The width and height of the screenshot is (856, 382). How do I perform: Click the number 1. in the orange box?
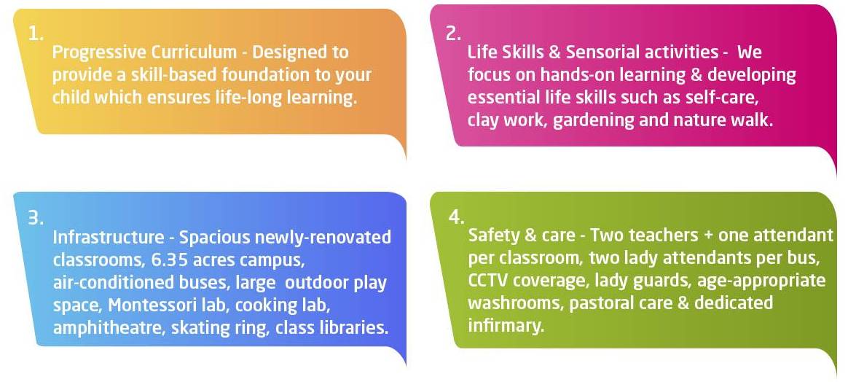click(36, 34)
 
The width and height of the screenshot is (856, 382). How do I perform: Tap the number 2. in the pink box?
click(453, 34)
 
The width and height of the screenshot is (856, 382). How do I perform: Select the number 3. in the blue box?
click(36, 218)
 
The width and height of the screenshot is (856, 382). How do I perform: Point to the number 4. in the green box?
click(456, 217)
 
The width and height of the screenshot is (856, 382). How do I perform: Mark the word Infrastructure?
click(108, 238)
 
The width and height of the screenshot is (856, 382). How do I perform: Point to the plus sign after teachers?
click(707, 236)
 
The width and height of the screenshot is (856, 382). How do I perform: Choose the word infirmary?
click(506, 326)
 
